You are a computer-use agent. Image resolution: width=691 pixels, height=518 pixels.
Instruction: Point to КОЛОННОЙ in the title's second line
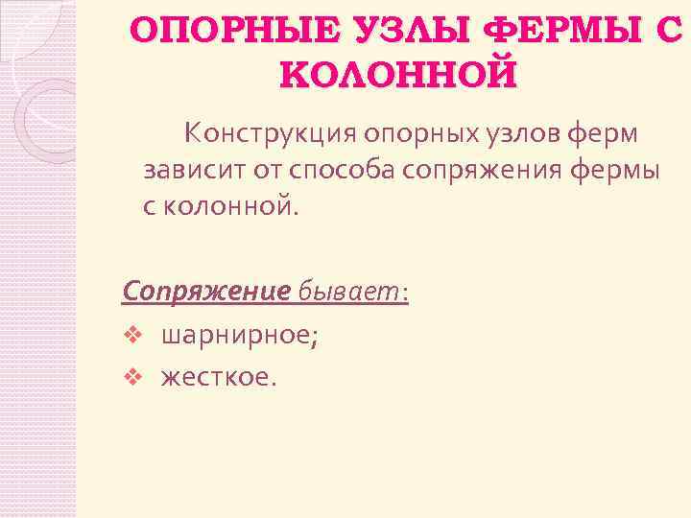[397, 73]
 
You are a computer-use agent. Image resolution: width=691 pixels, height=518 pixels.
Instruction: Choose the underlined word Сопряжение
[206, 292]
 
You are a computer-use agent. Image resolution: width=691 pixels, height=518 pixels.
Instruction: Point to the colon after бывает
[405, 294]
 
